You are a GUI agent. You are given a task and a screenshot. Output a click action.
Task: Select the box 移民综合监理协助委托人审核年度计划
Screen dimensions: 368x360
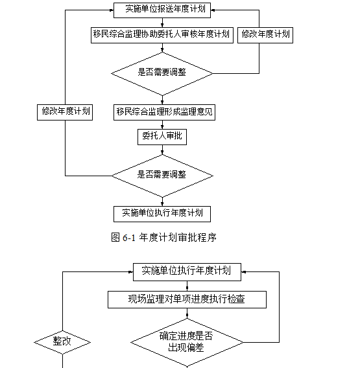(162, 34)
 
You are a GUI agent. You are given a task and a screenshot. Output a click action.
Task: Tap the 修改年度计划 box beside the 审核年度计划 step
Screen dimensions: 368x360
(265, 34)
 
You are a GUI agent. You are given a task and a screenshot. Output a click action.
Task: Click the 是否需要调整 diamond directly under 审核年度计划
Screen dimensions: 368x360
(162, 72)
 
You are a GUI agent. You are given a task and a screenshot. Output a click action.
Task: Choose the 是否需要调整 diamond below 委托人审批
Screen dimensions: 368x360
(162, 174)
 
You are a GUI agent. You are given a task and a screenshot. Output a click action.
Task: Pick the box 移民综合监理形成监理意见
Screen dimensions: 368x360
(165, 111)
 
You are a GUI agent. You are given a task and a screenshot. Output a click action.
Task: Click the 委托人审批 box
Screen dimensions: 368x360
(162, 136)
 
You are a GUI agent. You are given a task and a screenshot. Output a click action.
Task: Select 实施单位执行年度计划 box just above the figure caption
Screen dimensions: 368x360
(162, 213)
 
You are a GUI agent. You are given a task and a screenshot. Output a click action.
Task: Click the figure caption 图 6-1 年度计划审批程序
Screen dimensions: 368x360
(164, 237)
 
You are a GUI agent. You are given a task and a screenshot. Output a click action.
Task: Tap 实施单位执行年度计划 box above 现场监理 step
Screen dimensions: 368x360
(187, 271)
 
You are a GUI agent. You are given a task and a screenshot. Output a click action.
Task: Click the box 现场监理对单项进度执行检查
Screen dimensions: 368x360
(187, 299)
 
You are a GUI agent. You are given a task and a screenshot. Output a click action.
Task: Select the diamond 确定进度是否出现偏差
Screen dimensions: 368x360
(187, 341)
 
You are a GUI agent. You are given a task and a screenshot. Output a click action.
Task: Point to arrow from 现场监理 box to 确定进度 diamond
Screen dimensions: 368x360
(187, 314)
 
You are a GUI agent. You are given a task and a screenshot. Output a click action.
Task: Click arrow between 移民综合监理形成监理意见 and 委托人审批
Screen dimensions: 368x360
(162, 124)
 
